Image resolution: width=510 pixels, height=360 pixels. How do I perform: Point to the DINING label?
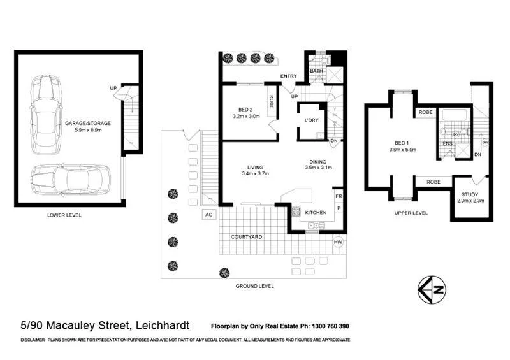(318, 162)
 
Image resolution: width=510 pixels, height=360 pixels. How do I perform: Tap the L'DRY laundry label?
(311, 120)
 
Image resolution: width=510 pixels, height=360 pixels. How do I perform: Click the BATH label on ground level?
(316, 70)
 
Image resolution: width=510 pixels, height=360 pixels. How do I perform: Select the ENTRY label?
(289, 76)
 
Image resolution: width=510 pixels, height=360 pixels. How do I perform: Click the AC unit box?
(208, 215)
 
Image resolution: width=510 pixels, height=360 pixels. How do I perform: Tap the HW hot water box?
(338, 241)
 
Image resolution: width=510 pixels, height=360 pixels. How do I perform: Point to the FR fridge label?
(339, 196)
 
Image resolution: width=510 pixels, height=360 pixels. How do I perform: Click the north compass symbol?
(432, 289)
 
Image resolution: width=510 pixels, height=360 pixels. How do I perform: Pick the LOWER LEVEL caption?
(64, 215)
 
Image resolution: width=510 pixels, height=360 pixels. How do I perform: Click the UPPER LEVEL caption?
(411, 213)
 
